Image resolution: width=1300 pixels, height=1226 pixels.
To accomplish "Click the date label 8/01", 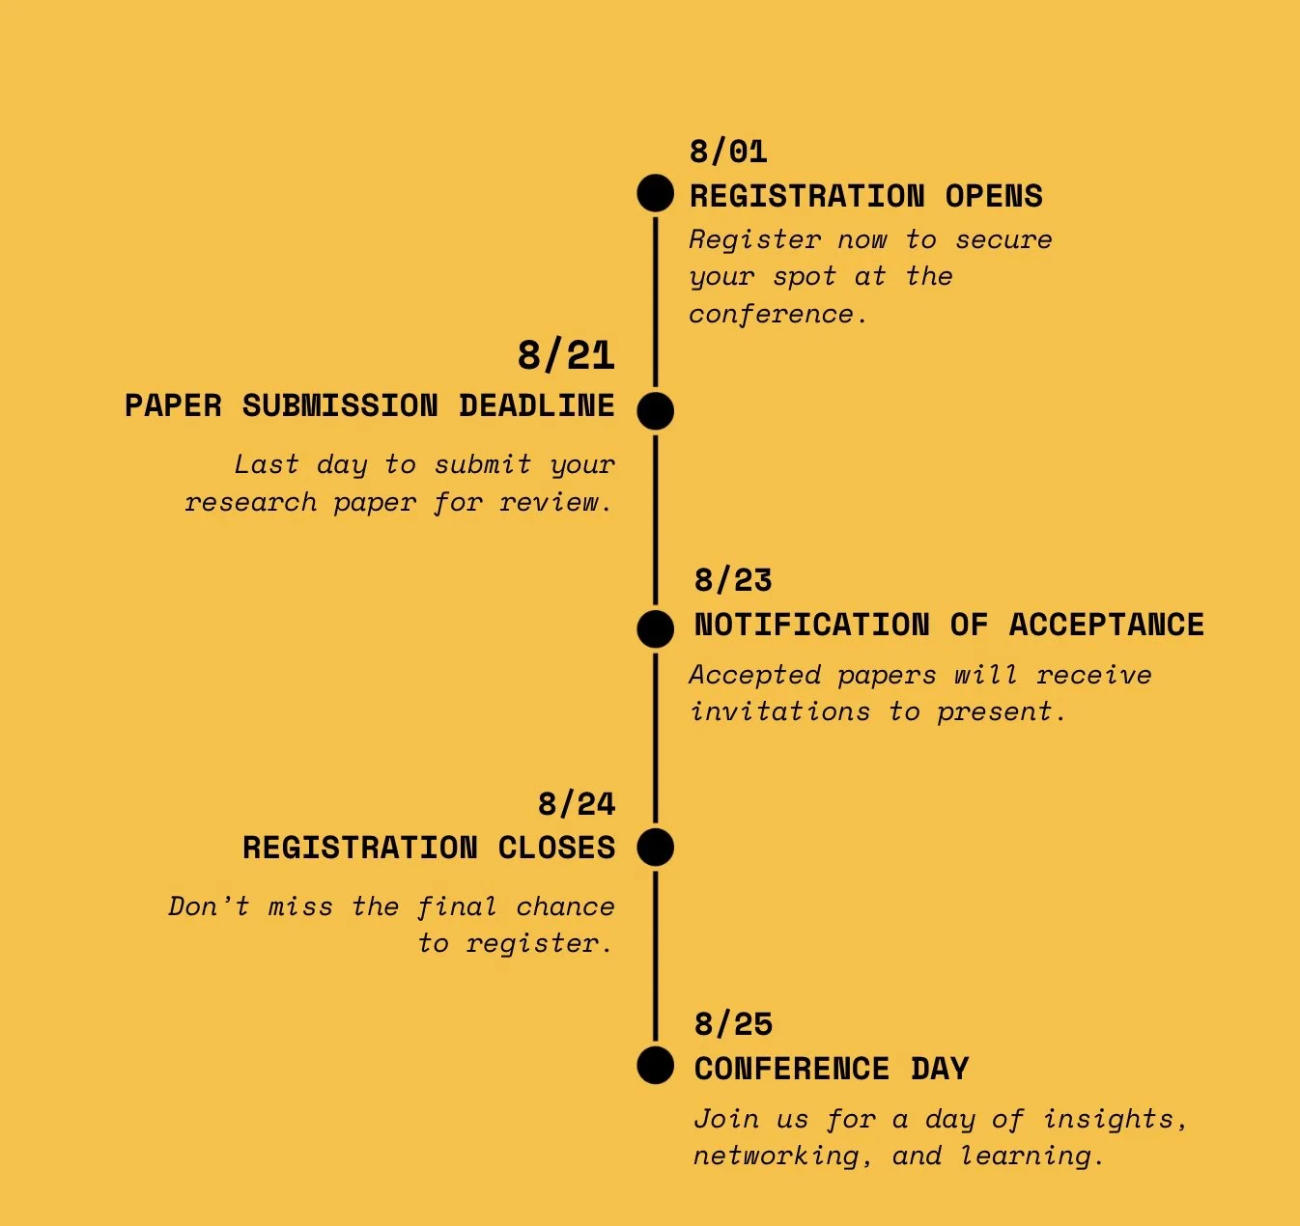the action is (x=728, y=152).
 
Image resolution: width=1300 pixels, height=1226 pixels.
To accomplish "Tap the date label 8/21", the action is (x=566, y=355).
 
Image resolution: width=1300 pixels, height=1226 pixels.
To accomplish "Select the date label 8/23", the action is (x=733, y=580).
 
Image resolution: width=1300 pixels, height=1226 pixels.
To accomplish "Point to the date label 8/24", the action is (x=577, y=803).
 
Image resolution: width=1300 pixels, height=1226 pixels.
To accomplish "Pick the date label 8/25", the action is (x=733, y=1023).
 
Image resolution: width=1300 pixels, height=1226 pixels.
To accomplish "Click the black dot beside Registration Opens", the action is (x=656, y=193).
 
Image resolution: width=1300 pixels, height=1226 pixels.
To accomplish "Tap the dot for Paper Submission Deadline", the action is (x=656, y=410).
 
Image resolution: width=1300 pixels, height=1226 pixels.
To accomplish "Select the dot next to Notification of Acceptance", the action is (x=656, y=628).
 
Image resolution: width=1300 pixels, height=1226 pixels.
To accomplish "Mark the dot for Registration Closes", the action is (x=656, y=847).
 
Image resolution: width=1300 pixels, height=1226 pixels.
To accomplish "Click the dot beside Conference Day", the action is (x=656, y=1066).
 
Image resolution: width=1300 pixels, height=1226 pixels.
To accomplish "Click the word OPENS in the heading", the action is (x=994, y=196).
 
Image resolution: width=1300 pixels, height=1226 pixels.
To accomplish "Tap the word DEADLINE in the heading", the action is (x=536, y=405).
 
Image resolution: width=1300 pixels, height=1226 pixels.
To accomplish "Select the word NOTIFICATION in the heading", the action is (x=811, y=625).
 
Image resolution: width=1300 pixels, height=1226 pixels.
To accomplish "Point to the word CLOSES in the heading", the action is (x=556, y=848).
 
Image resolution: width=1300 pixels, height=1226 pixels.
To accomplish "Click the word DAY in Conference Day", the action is (x=940, y=1069).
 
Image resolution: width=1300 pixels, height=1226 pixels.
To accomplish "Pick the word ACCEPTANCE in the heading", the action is (x=1106, y=625).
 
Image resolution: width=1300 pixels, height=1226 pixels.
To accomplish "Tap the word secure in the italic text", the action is (x=1003, y=239).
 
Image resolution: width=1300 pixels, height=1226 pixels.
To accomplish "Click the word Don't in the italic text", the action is (x=209, y=906).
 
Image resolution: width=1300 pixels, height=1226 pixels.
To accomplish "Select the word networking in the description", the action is (x=776, y=1156).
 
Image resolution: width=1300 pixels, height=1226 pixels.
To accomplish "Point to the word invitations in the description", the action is (x=779, y=711).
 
